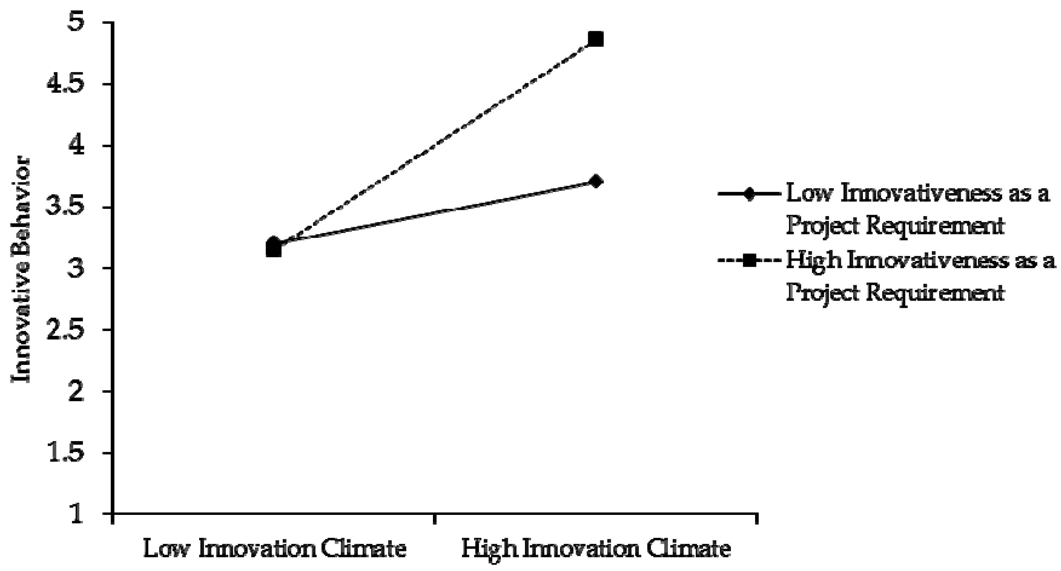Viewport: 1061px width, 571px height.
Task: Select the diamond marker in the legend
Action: click(x=749, y=194)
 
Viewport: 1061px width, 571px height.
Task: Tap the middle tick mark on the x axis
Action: click(x=434, y=519)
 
